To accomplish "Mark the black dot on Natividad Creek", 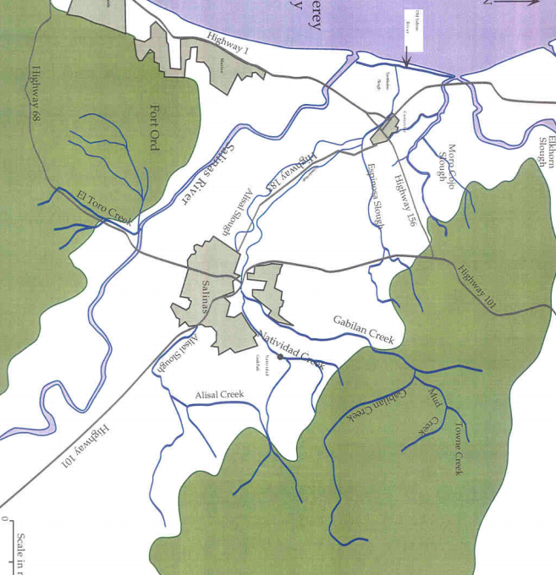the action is click(279, 357).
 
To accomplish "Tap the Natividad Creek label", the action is click(292, 348).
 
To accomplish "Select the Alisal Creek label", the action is click(219, 395).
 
